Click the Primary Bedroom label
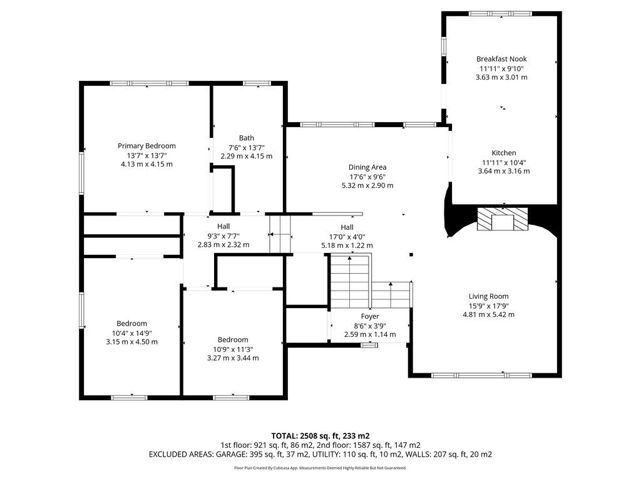pyautogui.click(x=146, y=146)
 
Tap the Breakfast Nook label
pyautogui.click(x=501, y=59)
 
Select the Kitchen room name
pyautogui.click(x=504, y=153)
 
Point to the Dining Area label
pyautogui.click(x=367, y=167)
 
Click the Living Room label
pyautogui.click(x=488, y=296)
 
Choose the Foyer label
pyautogui.click(x=370, y=316)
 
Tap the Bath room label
pyautogui.click(x=247, y=138)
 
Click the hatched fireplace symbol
pyautogui.click(x=503, y=219)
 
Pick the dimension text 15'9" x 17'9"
pyautogui.click(x=488, y=306)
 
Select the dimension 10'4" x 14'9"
pyautogui.click(x=131, y=333)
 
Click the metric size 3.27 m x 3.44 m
pyautogui.click(x=233, y=358)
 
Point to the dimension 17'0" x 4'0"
pyautogui.click(x=347, y=237)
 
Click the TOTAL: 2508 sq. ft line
pyautogui.click(x=320, y=436)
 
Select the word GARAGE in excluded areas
pyautogui.click(x=230, y=455)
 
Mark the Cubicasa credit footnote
pyautogui.click(x=320, y=468)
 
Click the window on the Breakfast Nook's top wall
pyautogui.click(x=500, y=14)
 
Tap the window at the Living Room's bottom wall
pyautogui.click(x=481, y=375)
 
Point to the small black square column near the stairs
pyautogui.click(x=411, y=255)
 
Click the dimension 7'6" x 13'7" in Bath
pyautogui.click(x=247, y=148)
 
